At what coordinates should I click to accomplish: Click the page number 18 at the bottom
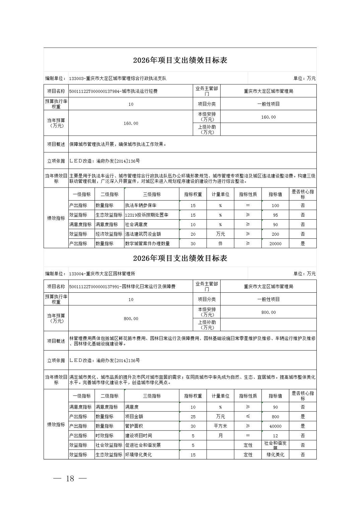70,479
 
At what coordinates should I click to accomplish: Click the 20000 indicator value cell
275,243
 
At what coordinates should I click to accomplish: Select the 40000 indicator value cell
275,426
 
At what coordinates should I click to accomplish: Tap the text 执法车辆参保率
141,205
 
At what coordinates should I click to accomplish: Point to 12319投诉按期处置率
146,215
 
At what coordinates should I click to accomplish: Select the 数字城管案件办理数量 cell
147,243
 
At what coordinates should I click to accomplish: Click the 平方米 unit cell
220,426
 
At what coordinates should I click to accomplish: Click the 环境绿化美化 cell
138,455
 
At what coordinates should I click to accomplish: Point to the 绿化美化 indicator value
275,455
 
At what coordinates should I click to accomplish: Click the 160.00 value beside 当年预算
131,123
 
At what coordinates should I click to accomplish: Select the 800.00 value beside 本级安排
268,312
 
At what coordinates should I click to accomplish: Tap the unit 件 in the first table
220,243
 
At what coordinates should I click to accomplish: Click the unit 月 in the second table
220,436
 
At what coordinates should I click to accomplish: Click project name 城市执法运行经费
139,91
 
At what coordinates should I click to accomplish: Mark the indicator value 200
275,234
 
